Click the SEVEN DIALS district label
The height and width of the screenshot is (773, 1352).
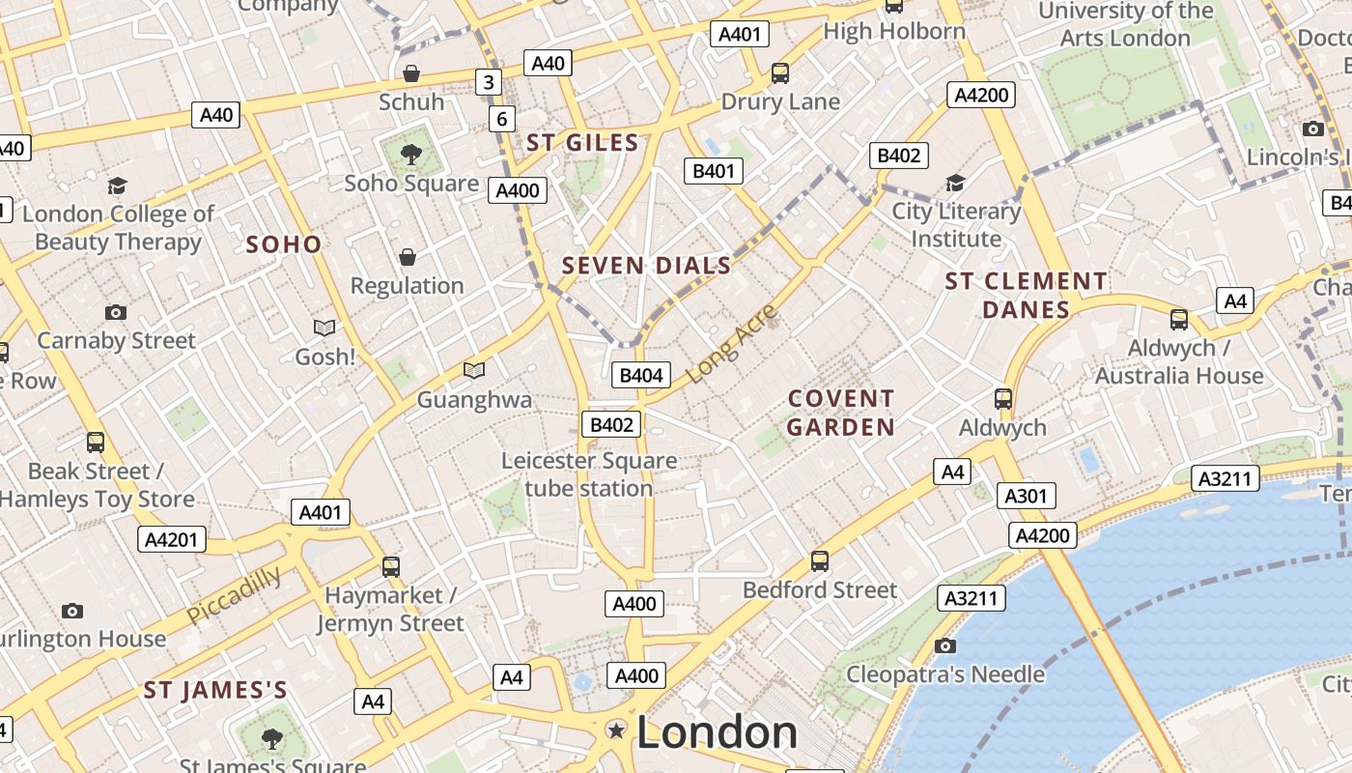(646, 266)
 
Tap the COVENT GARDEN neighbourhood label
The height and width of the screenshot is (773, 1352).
(841, 413)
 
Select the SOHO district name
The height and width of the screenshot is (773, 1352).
(283, 244)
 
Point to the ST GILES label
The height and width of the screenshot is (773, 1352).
(582, 144)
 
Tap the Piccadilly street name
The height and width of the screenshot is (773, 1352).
(234, 594)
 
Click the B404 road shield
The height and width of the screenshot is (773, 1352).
(641, 375)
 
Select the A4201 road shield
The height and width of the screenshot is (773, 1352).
(173, 539)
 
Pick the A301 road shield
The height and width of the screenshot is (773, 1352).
(1026, 497)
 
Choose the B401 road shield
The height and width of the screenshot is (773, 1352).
(714, 172)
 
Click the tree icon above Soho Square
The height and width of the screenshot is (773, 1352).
(411, 153)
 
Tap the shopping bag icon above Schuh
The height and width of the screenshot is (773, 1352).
(411, 73)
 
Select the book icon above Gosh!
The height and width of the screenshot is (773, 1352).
(324, 329)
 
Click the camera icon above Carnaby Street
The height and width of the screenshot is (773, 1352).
(116, 312)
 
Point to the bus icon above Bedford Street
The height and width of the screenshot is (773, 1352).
(820, 560)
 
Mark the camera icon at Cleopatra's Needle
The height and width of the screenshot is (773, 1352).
(945, 645)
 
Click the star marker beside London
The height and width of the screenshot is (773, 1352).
(616, 730)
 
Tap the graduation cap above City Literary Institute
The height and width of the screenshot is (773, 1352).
(955, 183)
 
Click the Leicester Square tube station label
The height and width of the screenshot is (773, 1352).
(589, 474)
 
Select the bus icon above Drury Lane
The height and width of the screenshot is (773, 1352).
(780, 72)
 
